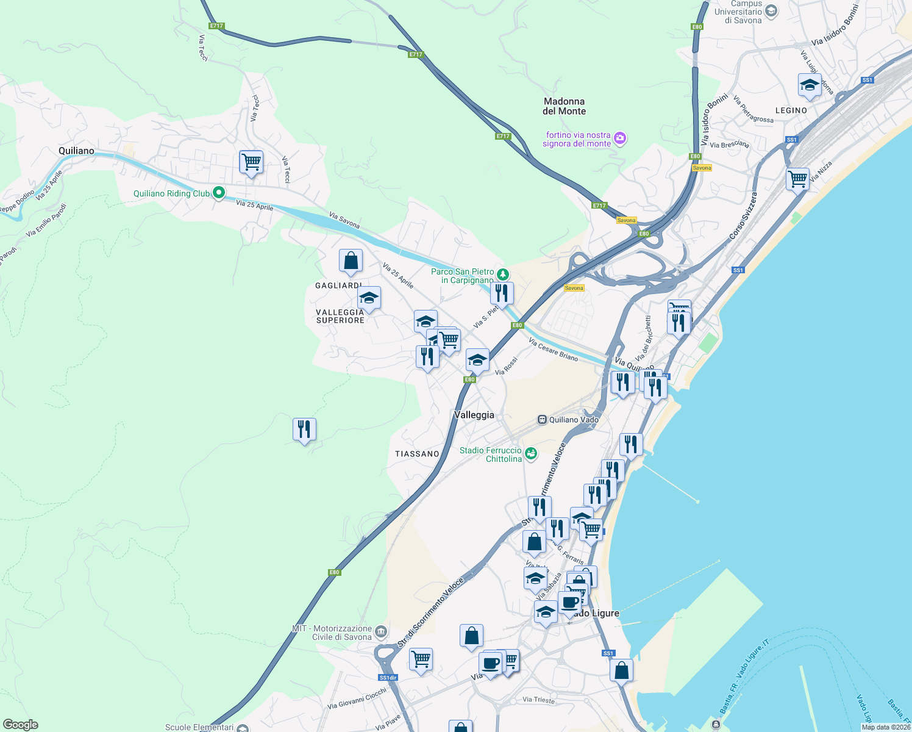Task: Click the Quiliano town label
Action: [x=76, y=151]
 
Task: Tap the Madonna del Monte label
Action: [x=564, y=106]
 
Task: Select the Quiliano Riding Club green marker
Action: [x=219, y=193]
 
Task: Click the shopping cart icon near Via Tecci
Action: [x=251, y=162]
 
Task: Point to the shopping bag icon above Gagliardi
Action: [x=351, y=260]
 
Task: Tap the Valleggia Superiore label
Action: [x=340, y=316]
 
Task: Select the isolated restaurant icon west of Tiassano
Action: [x=304, y=429]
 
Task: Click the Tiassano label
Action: [x=417, y=454]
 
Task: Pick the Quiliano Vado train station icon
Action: [x=542, y=420]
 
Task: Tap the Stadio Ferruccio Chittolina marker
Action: [x=532, y=453]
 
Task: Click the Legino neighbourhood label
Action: [x=791, y=110]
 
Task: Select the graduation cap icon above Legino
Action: [x=810, y=85]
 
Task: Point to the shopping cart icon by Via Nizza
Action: [x=797, y=179]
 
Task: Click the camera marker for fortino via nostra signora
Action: [x=620, y=138]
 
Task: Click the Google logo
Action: [x=21, y=725]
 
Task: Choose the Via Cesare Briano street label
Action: [x=553, y=350]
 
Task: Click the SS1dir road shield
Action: [x=388, y=678]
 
